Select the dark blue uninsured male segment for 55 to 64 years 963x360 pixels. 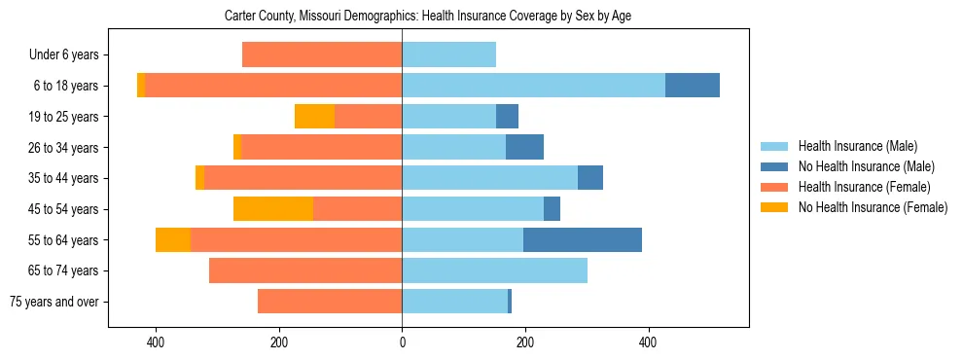[582, 240]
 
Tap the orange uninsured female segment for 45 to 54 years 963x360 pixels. [273, 209]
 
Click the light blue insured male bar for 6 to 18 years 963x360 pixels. [533, 86]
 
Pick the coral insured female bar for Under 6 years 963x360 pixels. [322, 54]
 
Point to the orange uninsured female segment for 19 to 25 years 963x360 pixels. [314, 117]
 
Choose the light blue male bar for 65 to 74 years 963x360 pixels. [494, 270]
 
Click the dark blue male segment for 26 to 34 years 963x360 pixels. [524, 148]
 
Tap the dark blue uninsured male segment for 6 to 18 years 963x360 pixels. [693, 86]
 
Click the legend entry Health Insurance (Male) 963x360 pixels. [856, 146]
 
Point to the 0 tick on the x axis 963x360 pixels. [402, 342]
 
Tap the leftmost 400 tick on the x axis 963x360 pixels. [156, 342]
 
